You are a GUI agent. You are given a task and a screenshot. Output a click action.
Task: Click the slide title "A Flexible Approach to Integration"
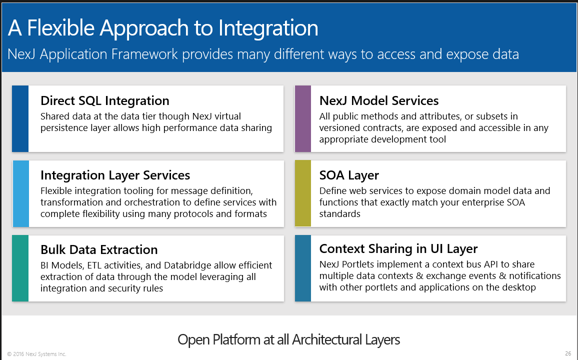163,28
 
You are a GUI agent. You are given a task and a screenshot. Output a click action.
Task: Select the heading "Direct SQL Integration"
104,100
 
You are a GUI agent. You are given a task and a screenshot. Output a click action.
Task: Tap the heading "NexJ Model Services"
378,100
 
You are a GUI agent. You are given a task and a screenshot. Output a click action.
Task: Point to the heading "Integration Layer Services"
115,175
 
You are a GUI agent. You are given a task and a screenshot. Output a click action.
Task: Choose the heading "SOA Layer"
349,175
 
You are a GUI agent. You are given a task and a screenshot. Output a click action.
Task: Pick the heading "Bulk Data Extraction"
98,249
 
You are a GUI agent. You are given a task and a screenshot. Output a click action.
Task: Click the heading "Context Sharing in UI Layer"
398,248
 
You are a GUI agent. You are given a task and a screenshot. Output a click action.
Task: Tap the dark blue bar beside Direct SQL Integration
20,118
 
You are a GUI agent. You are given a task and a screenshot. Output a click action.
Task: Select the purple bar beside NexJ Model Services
303,118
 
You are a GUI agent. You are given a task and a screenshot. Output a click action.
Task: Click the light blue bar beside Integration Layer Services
20,193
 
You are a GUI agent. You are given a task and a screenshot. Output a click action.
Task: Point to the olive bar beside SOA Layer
303,193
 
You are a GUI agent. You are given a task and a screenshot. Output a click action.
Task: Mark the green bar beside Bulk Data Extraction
20,268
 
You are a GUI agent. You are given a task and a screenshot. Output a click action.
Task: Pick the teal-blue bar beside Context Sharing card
303,268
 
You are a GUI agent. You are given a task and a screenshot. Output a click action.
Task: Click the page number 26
568,353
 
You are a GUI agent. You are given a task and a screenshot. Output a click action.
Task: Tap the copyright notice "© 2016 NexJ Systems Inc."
36,354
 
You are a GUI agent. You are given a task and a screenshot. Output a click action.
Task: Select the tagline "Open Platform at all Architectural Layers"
288,340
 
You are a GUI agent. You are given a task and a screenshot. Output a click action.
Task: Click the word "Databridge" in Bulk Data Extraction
187,265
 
